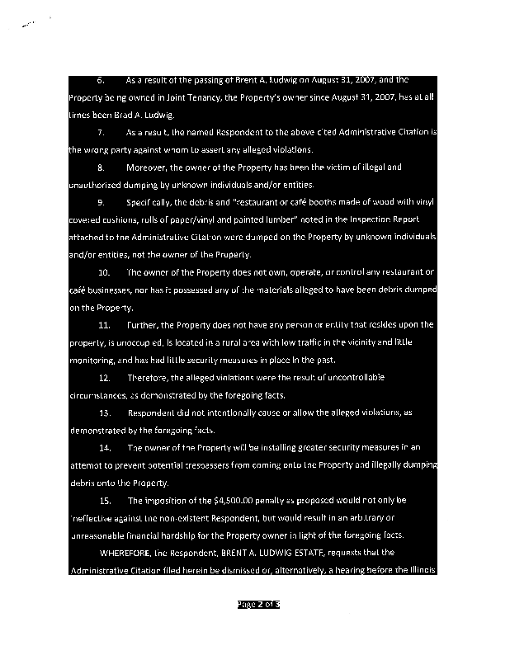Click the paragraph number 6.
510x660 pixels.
click(101, 81)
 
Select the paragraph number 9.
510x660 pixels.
click(101, 202)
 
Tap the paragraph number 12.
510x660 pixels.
click(104, 377)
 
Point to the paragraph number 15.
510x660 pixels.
click(104, 500)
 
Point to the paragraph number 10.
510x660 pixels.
click(104, 271)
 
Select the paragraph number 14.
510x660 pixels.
click(104, 447)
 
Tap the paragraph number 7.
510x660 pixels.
click(101, 132)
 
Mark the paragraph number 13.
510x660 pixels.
click(104, 412)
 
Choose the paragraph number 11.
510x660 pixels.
click(104, 324)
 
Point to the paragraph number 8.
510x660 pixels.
click(101, 167)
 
